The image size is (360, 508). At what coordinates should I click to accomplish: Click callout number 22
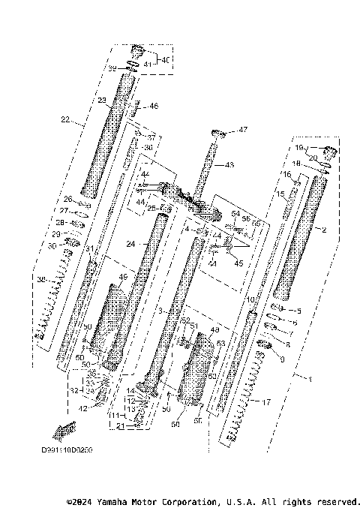[x=65, y=119]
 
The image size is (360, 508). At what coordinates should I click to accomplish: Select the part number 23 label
[x=102, y=100]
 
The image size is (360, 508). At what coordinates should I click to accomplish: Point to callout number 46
[x=153, y=107]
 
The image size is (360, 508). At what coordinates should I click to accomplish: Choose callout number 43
[x=229, y=164]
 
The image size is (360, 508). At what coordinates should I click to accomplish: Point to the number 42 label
[x=84, y=408]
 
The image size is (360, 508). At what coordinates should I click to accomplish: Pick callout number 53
[x=220, y=343]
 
